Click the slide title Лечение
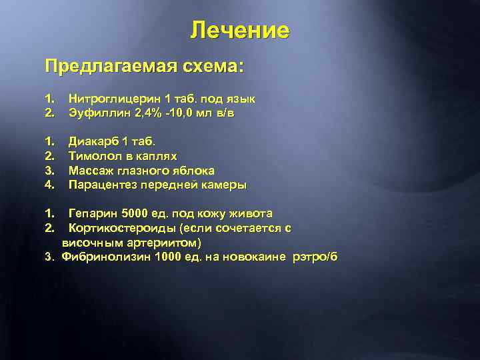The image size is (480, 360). coord(239,31)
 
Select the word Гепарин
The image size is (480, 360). coord(94,213)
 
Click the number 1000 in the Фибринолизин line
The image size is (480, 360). coord(167,257)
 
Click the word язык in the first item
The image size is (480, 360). coord(241,99)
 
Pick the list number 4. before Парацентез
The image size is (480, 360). coord(49,185)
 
